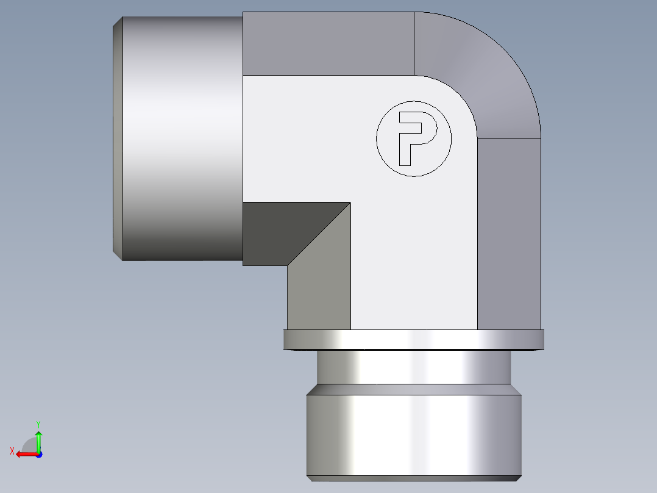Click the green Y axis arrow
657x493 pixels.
pos(38,439)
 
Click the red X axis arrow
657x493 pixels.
pos(24,454)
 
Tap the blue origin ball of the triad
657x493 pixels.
pos(38,454)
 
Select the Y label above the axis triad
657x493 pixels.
pos(38,423)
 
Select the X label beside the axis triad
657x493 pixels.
pos(12,451)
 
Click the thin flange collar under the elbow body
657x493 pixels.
pos(413,340)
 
